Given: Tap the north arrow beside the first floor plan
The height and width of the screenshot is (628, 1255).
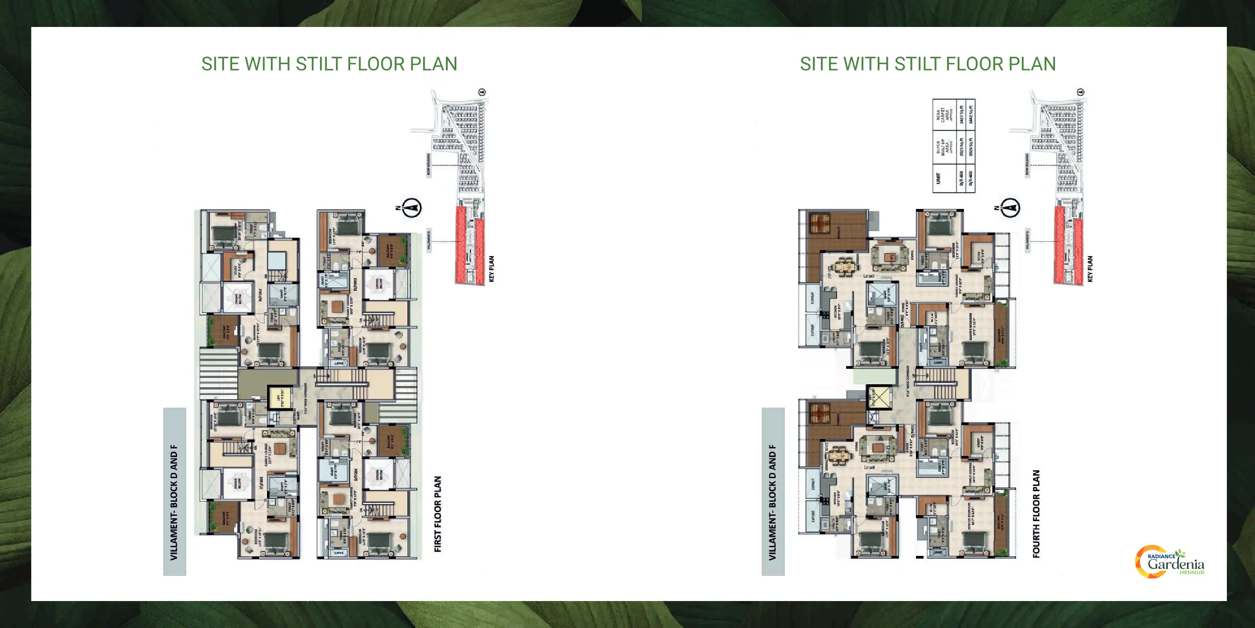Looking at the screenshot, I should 412,208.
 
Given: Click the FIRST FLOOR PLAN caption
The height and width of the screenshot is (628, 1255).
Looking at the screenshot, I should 437,514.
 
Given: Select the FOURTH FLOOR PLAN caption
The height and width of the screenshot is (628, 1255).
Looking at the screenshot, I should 1036,514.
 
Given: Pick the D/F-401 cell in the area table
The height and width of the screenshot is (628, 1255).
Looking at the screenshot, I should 961,178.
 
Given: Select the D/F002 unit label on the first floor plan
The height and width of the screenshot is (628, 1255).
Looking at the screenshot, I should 261,295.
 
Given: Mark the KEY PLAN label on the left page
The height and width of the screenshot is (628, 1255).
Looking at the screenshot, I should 491,269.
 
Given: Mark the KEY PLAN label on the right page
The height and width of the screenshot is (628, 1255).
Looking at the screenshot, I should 1090,269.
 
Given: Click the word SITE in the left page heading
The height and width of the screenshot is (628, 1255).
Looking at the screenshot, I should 220,64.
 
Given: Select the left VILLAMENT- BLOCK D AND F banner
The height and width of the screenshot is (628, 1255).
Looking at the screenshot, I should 174,492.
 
